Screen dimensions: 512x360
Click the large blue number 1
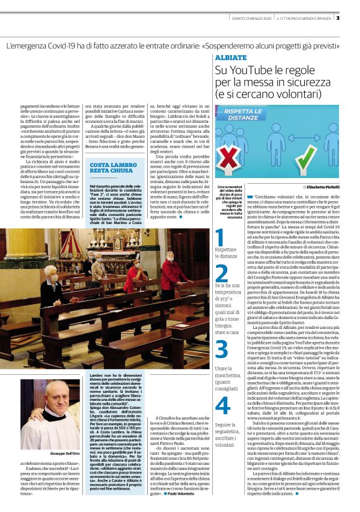(219, 238)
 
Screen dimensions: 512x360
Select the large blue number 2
(221, 273)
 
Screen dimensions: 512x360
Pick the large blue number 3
(222, 349)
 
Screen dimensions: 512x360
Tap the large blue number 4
(222, 405)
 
